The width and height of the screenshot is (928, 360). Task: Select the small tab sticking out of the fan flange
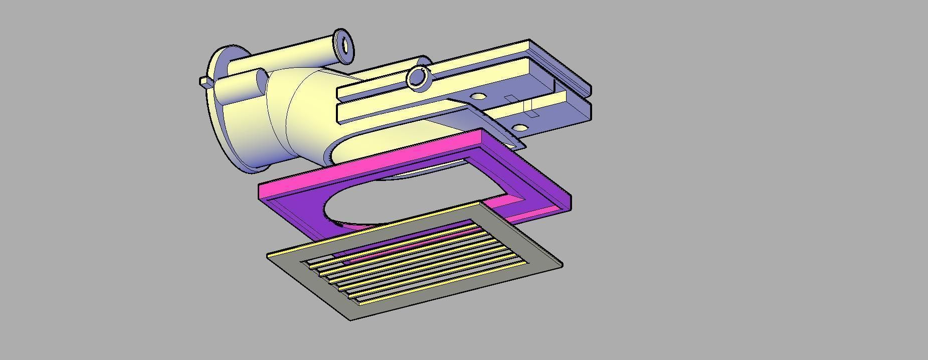(204, 81)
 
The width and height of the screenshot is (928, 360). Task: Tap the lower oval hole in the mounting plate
(521, 128)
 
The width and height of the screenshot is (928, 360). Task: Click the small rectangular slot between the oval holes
(510, 99)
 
